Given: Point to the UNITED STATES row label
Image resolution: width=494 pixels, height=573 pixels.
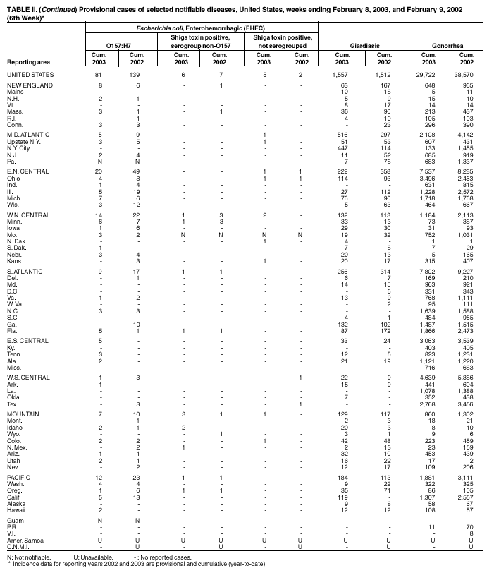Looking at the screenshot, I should tap(31, 73).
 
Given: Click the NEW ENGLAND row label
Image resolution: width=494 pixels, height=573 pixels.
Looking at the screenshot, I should tap(29, 85).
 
